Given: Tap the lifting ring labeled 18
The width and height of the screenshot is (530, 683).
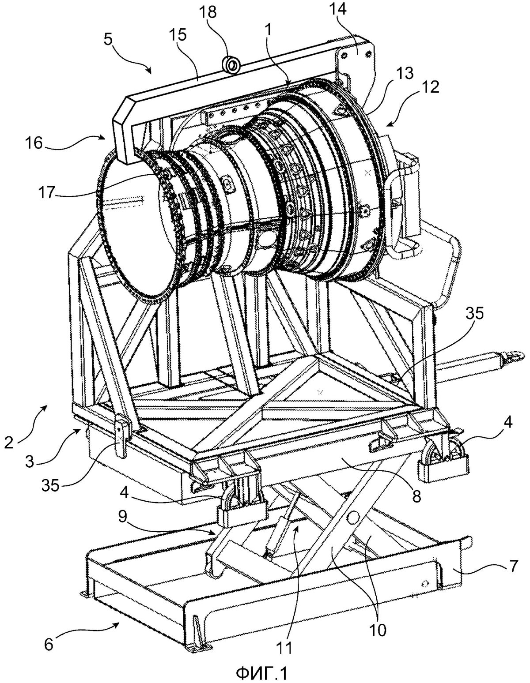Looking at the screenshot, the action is pyautogui.click(x=232, y=65).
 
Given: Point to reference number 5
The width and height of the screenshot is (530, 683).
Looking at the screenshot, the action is pyautogui.click(x=108, y=40).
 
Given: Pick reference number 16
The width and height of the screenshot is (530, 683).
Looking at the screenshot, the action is pyautogui.click(x=34, y=144).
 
